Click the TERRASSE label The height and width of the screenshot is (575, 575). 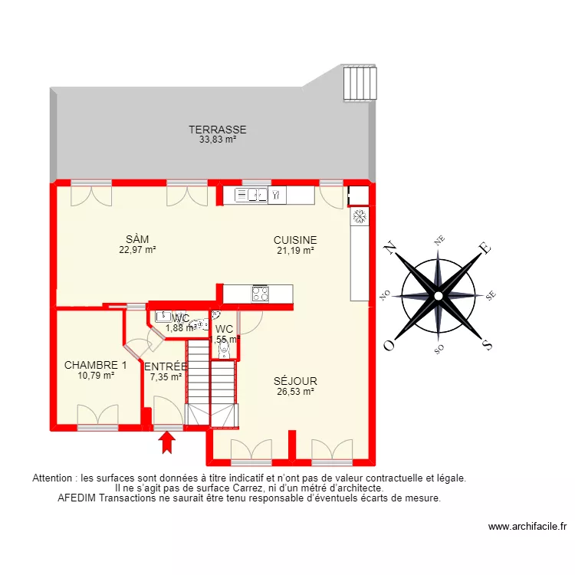click(218, 130)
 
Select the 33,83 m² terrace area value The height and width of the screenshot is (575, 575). click(218, 140)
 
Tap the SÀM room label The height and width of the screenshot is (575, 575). click(138, 239)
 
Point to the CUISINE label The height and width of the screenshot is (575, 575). click(295, 240)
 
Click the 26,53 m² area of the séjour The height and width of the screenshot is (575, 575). click(296, 391)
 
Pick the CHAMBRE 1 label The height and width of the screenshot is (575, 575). click(96, 365)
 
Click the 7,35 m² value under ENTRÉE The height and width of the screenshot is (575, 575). click(166, 376)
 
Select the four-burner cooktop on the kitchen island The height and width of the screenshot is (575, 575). click(260, 294)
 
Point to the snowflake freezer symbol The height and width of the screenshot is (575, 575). click(358, 217)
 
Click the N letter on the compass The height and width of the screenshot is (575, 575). click(389, 248)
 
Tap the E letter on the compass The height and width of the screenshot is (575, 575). click(484, 248)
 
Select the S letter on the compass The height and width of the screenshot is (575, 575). click(485, 343)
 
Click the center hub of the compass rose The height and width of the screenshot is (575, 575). click(438, 295)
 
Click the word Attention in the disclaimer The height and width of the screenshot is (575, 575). click(54, 478)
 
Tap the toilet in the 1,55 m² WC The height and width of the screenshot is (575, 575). click(222, 350)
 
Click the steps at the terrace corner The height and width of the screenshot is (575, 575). click(361, 82)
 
